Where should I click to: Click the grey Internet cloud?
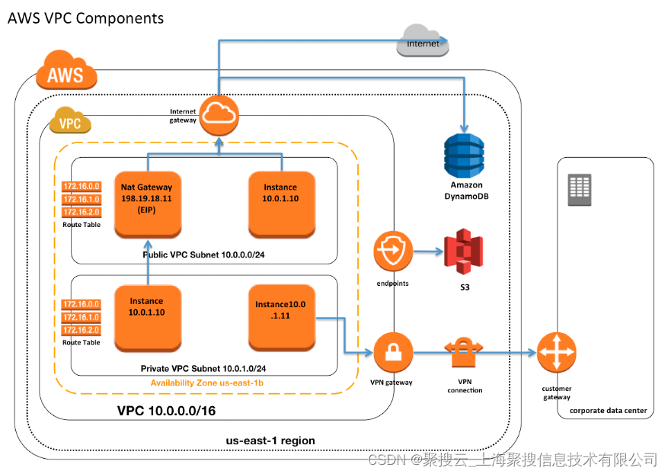(x=423, y=41)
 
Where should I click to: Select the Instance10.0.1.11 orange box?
(x=281, y=314)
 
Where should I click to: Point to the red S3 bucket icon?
(x=464, y=252)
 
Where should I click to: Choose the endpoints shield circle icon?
(x=393, y=252)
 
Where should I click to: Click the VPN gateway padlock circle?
(x=393, y=353)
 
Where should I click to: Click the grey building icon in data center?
(x=580, y=190)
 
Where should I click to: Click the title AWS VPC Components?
(x=85, y=18)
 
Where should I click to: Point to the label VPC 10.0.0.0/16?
(x=166, y=411)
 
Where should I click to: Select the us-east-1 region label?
(x=270, y=440)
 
